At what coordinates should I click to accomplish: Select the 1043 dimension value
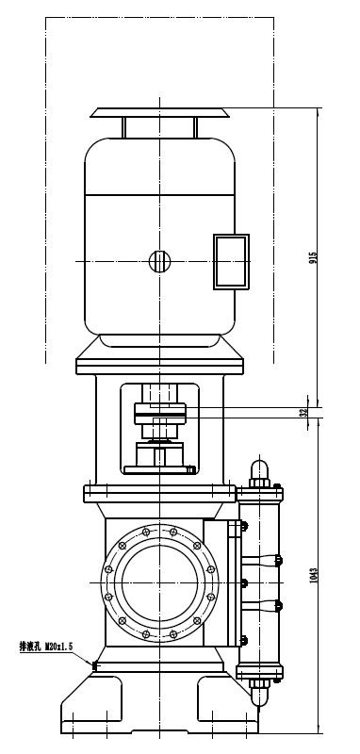314,575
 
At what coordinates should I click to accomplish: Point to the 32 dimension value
303,412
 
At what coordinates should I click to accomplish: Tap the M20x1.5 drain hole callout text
58,647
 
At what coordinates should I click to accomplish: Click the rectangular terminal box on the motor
231,262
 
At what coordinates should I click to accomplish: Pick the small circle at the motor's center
159,261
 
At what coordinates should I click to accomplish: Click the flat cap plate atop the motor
159,112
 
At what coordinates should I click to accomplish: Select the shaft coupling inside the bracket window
159,414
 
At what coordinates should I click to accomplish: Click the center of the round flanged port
159,582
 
